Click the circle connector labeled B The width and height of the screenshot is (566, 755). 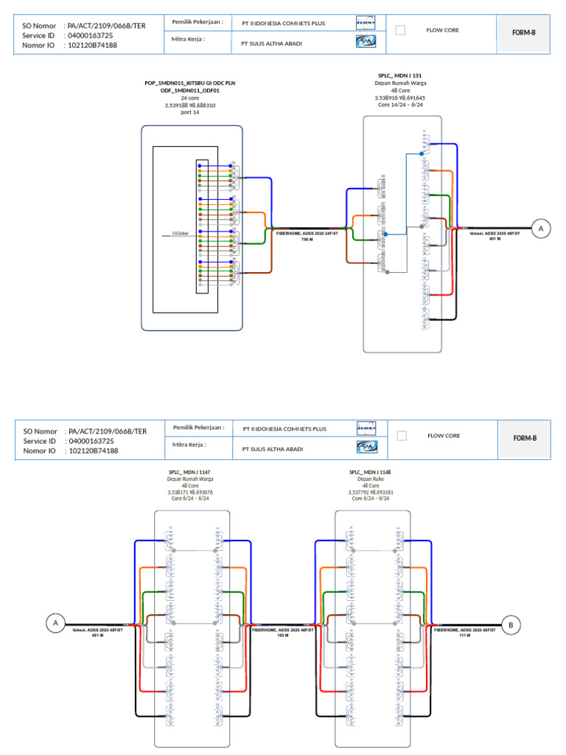[510, 624]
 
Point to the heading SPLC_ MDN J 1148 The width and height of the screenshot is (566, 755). [370, 471]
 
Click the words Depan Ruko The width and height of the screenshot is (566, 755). [370, 479]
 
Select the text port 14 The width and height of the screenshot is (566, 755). [190, 112]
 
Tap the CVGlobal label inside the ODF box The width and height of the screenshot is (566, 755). [180, 233]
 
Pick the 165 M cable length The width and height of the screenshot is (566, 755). [282, 635]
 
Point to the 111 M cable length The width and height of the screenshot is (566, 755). [464, 635]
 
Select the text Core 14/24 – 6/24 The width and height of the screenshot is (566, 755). [399, 105]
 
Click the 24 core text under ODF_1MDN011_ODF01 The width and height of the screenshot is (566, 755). [190, 97]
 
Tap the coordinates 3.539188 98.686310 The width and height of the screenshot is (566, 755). [190, 105]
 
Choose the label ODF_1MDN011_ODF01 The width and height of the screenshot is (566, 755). [190, 90]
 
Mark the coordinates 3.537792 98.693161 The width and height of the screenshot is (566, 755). [370, 493]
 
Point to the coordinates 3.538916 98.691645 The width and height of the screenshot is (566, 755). [399, 97]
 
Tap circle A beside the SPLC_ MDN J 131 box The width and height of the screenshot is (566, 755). [542, 229]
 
